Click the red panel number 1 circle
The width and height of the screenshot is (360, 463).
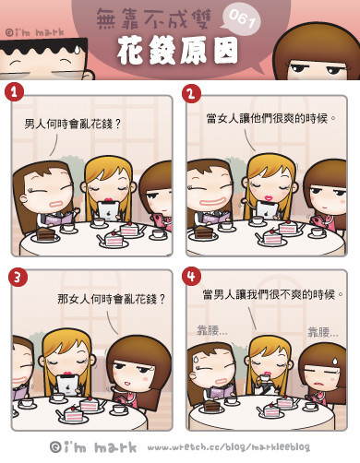click(14, 92)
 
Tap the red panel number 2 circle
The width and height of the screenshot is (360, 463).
click(191, 93)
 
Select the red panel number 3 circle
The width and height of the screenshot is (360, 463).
click(18, 277)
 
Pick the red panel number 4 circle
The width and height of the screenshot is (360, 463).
click(191, 276)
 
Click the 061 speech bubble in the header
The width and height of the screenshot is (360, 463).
click(240, 20)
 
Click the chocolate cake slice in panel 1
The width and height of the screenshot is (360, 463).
click(45, 234)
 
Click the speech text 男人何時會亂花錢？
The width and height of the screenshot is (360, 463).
click(73, 125)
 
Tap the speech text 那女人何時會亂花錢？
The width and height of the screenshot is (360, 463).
click(111, 299)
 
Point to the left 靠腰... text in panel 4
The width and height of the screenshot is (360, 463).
click(212, 330)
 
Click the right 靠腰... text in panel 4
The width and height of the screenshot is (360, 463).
click(323, 332)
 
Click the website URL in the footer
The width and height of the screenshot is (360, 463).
click(229, 447)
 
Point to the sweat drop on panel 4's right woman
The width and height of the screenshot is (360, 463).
click(335, 361)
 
